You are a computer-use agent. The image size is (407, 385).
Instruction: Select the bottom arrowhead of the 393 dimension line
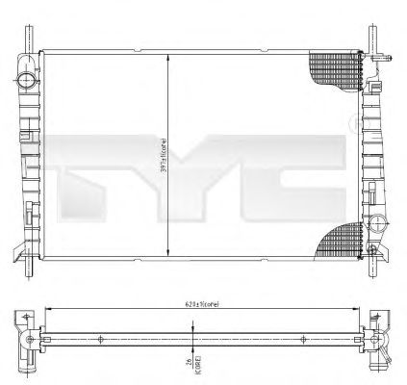tap(170, 254)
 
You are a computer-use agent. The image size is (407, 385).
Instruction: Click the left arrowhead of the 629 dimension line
tap(45, 309)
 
